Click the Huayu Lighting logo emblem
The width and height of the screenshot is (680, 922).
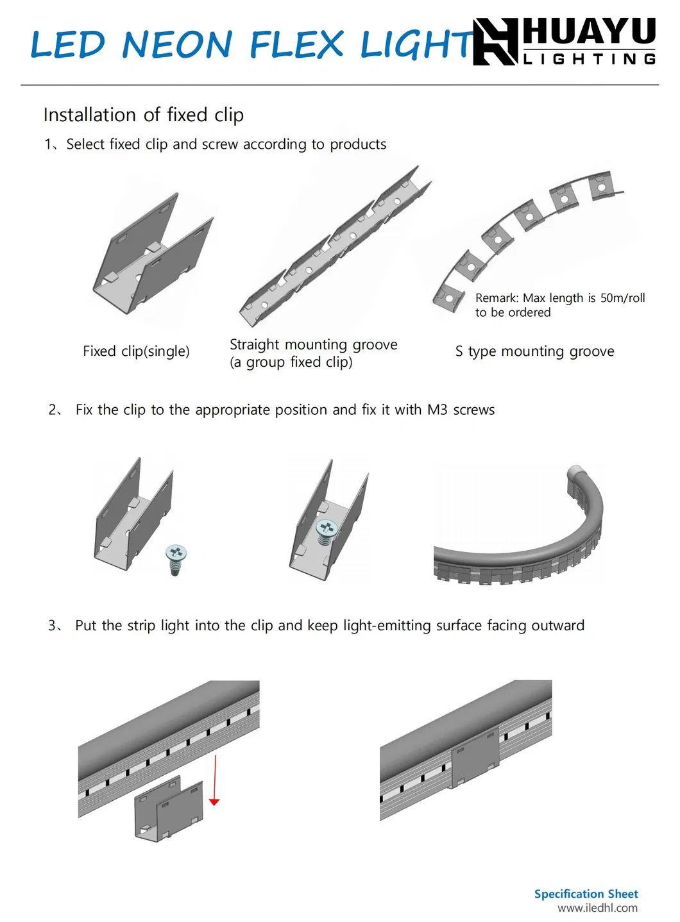[495, 42]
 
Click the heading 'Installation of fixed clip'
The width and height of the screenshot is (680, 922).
[143, 115]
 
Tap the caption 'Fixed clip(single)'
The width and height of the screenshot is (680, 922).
[136, 351]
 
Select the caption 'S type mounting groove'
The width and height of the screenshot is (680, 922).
[534, 351]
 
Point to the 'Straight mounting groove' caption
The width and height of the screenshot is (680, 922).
[313, 345]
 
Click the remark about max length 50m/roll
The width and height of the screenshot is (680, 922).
[559, 305]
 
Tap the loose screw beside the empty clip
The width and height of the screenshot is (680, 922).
[175, 559]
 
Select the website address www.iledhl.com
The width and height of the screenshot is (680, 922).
[597, 908]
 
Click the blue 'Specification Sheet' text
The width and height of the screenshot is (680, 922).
[586, 894]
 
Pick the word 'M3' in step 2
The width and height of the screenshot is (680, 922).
[438, 410]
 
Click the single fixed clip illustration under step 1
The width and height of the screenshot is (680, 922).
[152, 256]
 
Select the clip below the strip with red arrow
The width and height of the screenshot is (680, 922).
[168, 809]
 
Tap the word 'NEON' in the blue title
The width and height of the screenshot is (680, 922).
[177, 45]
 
